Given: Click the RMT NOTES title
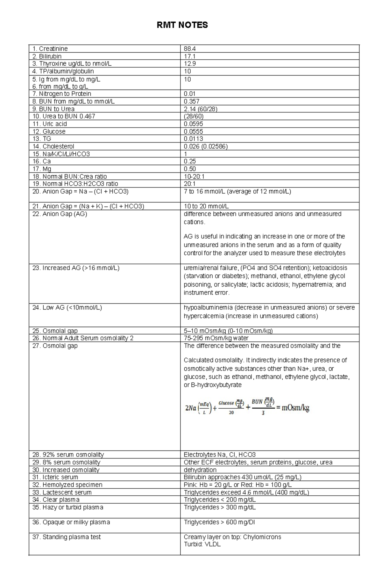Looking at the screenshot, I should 182,25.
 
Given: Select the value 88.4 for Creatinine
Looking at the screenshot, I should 190,49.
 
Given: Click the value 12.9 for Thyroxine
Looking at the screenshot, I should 190,63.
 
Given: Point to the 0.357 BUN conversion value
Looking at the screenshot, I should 191,101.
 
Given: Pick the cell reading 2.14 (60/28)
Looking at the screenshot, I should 201,109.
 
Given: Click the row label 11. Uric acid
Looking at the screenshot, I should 49,124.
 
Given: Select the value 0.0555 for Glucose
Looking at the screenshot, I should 193,131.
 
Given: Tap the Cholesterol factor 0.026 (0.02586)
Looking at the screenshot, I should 206,146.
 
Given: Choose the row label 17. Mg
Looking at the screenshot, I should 42,169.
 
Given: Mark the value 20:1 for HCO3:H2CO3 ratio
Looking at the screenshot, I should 189,184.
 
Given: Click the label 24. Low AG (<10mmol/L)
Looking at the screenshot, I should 67,308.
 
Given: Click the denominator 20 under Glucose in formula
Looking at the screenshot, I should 231,413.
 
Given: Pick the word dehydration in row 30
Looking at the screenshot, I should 200,470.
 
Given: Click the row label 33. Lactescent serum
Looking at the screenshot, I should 62,492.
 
